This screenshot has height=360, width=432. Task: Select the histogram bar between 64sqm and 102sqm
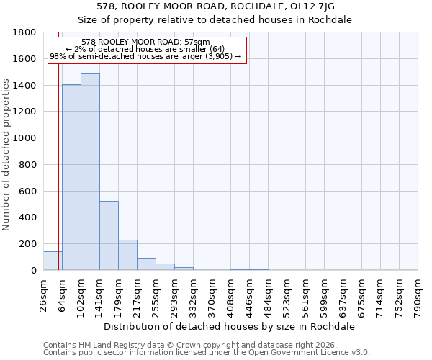(x=71, y=177)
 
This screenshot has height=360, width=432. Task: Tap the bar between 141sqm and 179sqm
(x=109, y=235)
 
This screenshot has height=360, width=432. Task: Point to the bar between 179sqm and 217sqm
(x=127, y=255)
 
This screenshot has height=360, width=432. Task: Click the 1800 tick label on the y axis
(x=25, y=32)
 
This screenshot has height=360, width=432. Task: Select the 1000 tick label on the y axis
(x=25, y=138)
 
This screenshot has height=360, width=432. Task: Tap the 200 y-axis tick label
(x=28, y=244)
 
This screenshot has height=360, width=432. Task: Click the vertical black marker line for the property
(x=58, y=144)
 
